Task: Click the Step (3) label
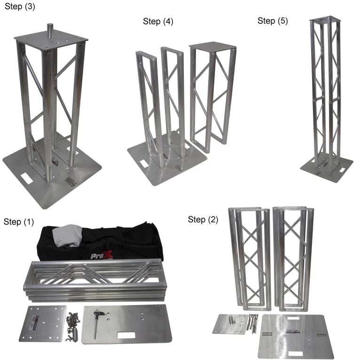[20, 7]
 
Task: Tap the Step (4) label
[158, 21]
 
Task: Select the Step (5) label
[273, 21]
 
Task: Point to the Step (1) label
[19, 222]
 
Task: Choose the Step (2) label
[203, 219]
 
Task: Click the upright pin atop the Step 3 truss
[50, 30]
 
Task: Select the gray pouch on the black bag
[67, 236]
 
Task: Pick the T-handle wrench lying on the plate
[96, 323]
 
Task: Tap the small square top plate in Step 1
[43, 323]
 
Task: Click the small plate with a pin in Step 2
[230, 324]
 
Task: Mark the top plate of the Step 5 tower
[324, 19]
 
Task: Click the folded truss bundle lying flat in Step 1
[95, 280]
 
